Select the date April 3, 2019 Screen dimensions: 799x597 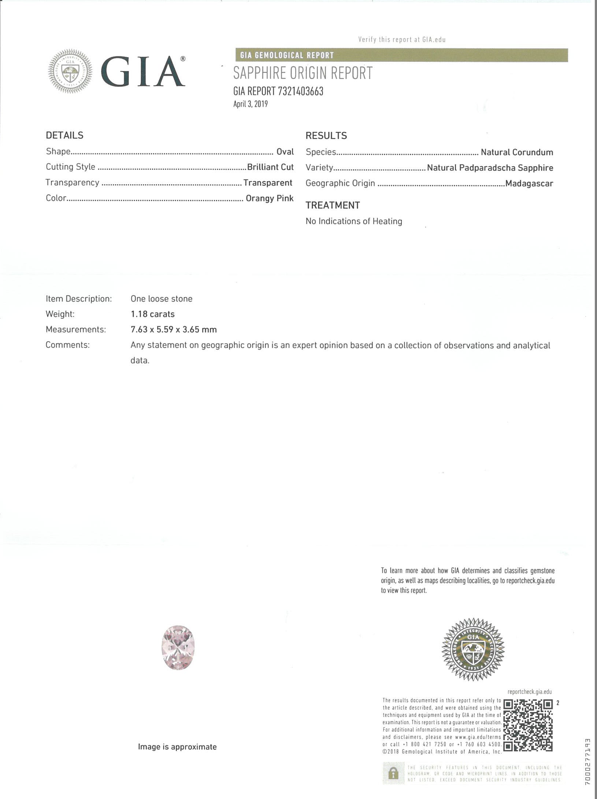[251, 104]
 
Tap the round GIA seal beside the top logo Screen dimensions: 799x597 [70, 71]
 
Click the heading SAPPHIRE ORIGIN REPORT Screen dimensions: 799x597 [303, 73]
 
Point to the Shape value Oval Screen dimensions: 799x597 [285, 152]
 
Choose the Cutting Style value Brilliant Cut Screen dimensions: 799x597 [270, 167]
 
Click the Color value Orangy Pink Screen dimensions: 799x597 [270, 198]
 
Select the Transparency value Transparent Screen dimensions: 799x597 [268, 183]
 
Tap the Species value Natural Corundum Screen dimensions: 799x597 [517, 152]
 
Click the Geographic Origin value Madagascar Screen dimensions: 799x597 [529, 183]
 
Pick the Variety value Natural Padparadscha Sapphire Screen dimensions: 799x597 [490, 168]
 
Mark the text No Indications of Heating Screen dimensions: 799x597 [354, 221]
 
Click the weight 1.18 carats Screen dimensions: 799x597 [153, 314]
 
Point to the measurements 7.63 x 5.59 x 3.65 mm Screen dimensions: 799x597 [174, 329]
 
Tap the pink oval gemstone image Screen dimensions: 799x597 [178, 648]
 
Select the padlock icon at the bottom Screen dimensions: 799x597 [393, 773]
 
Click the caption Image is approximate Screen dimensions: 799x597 [177, 747]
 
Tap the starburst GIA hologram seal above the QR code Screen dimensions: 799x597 [473, 649]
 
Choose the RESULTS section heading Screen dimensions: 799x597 [326, 136]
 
